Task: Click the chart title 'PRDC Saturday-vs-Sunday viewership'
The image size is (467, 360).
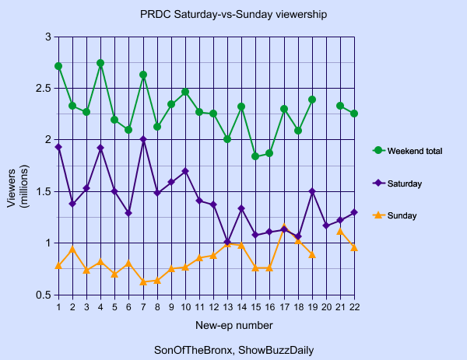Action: (x=233, y=14)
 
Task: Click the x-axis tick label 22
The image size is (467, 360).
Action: (x=355, y=306)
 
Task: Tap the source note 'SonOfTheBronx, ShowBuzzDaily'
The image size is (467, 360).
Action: (x=234, y=350)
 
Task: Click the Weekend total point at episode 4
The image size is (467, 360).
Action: (x=100, y=63)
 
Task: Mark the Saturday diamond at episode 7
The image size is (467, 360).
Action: (x=143, y=140)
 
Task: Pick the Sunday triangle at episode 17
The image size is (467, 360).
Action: (x=284, y=227)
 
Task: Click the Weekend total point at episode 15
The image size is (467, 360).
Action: (x=255, y=156)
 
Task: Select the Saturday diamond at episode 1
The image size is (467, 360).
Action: (x=58, y=147)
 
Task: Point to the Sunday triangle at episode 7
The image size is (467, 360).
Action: (x=143, y=281)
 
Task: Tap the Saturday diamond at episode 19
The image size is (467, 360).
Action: (x=312, y=191)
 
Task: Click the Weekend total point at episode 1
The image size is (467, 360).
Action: (x=58, y=66)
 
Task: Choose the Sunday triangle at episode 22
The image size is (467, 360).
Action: (x=355, y=247)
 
